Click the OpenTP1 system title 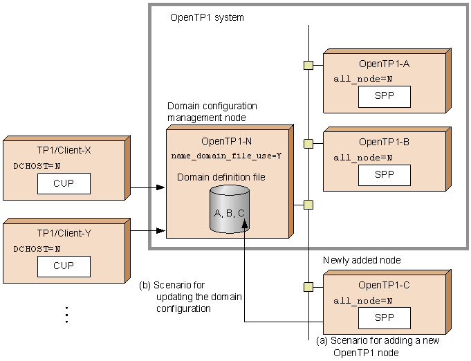[x=207, y=17]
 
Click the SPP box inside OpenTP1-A [x=384, y=97]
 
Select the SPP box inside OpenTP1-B [x=384, y=174]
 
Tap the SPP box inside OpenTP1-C [x=384, y=317]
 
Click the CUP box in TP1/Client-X [x=64, y=184]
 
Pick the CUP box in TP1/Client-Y [x=64, y=266]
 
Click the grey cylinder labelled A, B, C [x=229, y=210]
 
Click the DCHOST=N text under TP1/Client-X [x=37, y=166]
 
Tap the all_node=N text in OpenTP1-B [x=362, y=158]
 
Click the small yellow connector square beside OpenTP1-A [x=308, y=66]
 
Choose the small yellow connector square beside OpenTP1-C [x=308, y=285]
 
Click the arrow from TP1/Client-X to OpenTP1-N [x=147, y=187]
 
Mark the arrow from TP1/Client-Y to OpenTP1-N [x=147, y=229]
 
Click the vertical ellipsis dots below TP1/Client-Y [x=66, y=315]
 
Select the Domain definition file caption [x=221, y=177]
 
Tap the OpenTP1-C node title [x=384, y=285]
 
